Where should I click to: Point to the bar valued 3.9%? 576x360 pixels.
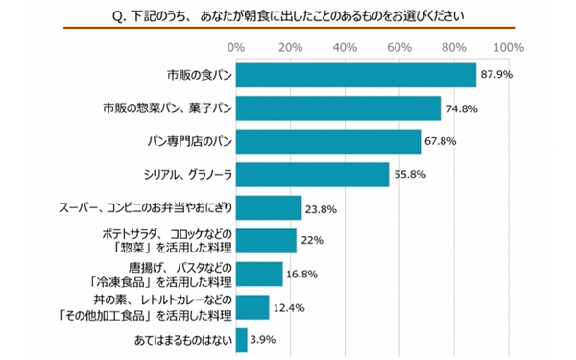(x=241, y=340)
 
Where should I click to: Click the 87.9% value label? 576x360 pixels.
(x=496, y=75)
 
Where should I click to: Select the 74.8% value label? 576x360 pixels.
(x=461, y=108)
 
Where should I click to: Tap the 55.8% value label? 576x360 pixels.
(x=409, y=175)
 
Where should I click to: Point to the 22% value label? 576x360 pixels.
(x=313, y=241)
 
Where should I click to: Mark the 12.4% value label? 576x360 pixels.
(x=290, y=307)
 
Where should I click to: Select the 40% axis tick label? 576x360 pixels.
(x=345, y=46)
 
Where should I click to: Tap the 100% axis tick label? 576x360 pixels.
(x=507, y=46)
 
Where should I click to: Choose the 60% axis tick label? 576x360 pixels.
(x=399, y=46)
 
